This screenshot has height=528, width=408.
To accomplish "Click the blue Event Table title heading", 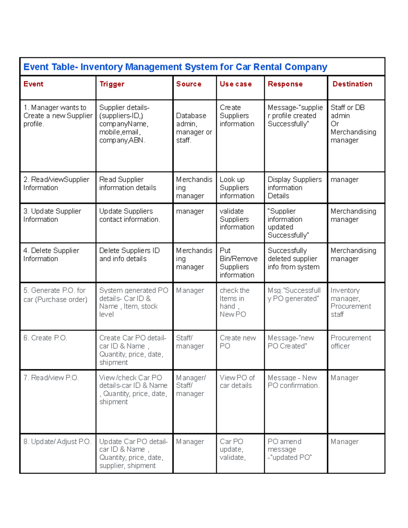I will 175,67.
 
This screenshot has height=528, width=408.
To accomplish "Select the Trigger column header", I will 112,84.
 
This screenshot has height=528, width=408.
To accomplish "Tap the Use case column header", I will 236,84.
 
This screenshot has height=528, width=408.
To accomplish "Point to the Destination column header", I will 352,84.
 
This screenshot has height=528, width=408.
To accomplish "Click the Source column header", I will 189,84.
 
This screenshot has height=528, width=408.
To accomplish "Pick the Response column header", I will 285,84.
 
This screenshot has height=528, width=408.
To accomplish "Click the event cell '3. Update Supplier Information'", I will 52,215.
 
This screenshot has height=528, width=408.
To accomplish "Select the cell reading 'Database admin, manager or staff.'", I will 194,128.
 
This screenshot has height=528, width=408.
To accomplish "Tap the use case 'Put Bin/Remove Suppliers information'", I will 238,263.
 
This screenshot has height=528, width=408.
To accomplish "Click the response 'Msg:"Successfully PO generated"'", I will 294,294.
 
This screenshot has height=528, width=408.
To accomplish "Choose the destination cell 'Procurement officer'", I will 351,342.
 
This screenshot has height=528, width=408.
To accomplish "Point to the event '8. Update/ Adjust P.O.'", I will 57,442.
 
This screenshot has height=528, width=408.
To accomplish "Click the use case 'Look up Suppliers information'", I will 237,188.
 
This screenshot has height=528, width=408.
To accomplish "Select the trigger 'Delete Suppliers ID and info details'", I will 129,255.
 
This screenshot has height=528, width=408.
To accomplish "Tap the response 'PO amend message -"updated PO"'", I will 289,449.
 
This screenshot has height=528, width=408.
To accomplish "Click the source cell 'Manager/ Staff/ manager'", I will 191,386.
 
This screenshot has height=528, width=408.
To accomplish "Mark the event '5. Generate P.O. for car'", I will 55,295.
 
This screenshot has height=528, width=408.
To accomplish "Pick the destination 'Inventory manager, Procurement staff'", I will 351,302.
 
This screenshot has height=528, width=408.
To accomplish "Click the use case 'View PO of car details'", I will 237,381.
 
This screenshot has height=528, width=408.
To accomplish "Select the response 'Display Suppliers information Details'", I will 294,188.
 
